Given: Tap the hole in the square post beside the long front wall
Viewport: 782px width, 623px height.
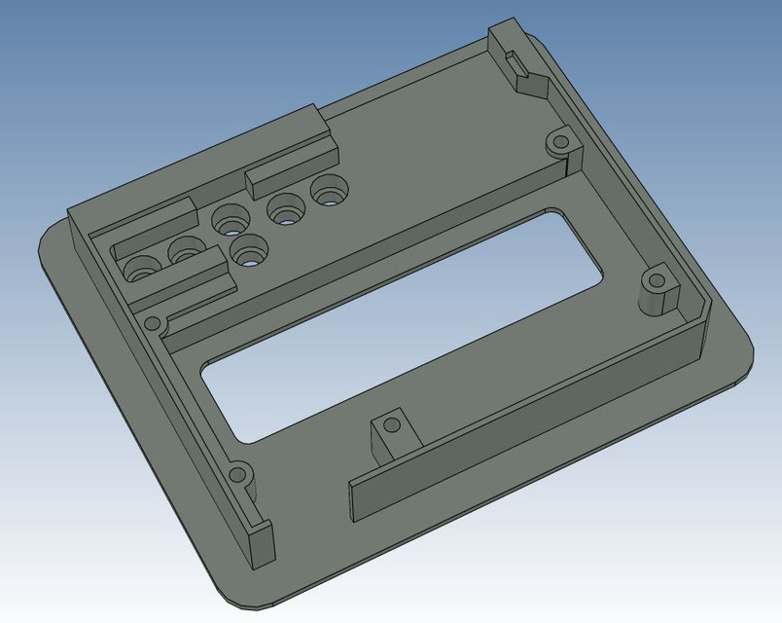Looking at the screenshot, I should click(x=391, y=425).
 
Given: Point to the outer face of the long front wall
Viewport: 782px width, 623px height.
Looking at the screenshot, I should click(x=525, y=423).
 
